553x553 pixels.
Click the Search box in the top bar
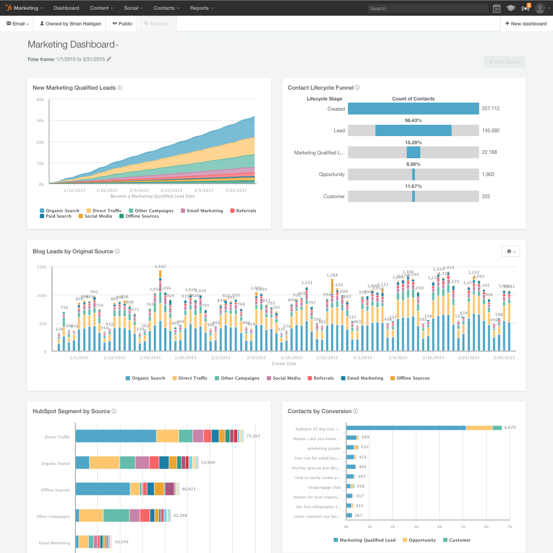click(x=420, y=8)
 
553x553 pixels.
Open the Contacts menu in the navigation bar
click(x=166, y=8)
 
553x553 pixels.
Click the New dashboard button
click(x=526, y=24)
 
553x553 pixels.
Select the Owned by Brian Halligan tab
click(x=70, y=24)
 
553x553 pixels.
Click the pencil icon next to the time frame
click(x=109, y=59)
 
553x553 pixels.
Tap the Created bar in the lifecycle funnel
click(x=413, y=109)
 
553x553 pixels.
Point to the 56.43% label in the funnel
click(x=413, y=120)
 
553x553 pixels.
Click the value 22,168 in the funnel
click(x=490, y=152)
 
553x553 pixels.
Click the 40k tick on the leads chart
click(x=39, y=100)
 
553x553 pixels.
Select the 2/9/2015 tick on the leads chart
click(x=140, y=190)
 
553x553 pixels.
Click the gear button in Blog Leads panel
click(x=510, y=251)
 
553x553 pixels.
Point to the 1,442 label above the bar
click(x=160, y=266)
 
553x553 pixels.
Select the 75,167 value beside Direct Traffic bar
click(x=253, y=436)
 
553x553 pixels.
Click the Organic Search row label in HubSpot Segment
click(x=56, y=463)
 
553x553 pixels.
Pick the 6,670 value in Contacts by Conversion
click(x=510, y=427)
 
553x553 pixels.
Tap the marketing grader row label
click(x=324, y=448)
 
